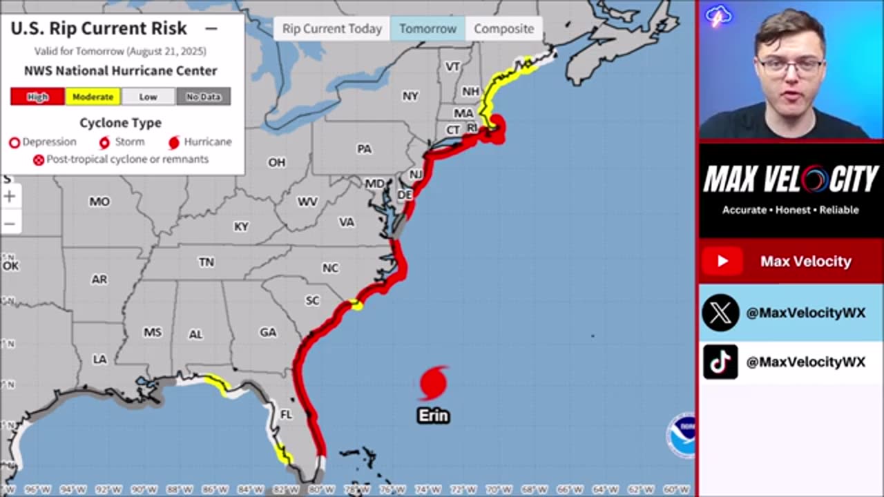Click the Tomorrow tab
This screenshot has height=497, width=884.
(x=427, y=29)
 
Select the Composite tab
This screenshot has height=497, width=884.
(x=503, y=29)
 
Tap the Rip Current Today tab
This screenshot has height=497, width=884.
(x=331, y=29)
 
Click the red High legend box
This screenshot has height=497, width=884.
(x=37, y=97)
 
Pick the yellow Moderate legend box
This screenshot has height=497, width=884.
(x=93, y=97)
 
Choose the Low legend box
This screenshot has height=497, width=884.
(x=148, y=97)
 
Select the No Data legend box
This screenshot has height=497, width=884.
(x=203, y=97)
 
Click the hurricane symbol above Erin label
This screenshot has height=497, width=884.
(x=433, y=384)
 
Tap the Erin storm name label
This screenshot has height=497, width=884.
(x=433, y=416)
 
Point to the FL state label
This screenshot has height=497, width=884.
(x=286, y=415)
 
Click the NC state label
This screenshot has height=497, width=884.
(x=330, y=268)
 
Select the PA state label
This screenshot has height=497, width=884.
(x=364, y=149)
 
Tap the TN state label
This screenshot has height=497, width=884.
(x=206, y=262)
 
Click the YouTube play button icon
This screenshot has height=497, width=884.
(x=722, y=261)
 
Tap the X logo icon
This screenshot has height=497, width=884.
(x=720, y=313)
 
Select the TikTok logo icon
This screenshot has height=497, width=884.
(x=720, y=362)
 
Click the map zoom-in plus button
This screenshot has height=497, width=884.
(x=10, y=197)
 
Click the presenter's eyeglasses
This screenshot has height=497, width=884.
(x=790, y=66)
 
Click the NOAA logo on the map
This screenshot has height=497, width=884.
(x=681, y=436)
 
